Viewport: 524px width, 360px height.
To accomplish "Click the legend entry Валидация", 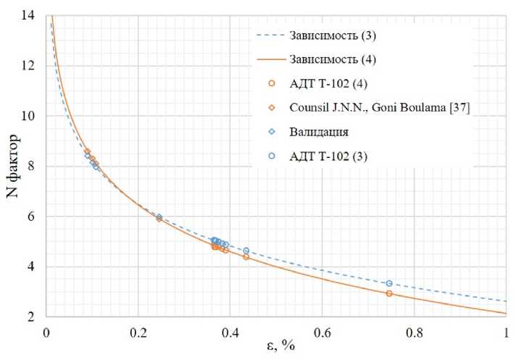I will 319,131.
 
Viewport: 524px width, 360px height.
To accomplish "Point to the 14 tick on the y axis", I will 30,15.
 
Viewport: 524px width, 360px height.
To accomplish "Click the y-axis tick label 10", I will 30,116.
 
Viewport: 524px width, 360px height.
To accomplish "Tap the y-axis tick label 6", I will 34,217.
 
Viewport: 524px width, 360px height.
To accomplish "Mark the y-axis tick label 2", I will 34,317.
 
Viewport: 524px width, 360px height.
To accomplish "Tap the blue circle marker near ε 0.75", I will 389,283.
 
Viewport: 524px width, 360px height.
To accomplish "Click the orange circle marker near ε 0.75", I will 389,293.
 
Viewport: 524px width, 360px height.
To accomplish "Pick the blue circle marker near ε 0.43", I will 246,251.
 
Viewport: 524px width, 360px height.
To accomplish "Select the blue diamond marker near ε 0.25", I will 159,216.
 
